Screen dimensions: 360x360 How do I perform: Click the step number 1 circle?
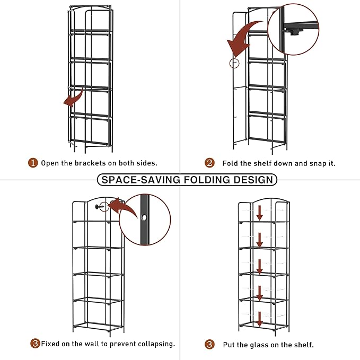click(33, 163)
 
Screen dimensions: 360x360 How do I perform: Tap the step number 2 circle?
click(209, 163)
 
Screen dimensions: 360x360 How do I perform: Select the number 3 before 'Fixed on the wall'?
click(35, 344)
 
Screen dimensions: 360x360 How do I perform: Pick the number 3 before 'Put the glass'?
click(210, 345)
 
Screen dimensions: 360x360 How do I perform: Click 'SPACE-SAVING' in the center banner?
click(140, 180)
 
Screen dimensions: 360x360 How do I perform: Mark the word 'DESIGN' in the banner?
click(252, 180)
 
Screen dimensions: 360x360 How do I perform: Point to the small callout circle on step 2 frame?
click(234, 63)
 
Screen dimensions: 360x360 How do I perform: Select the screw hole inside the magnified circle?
click(144, 217)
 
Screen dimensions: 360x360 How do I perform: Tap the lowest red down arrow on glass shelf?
click(260, 319)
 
